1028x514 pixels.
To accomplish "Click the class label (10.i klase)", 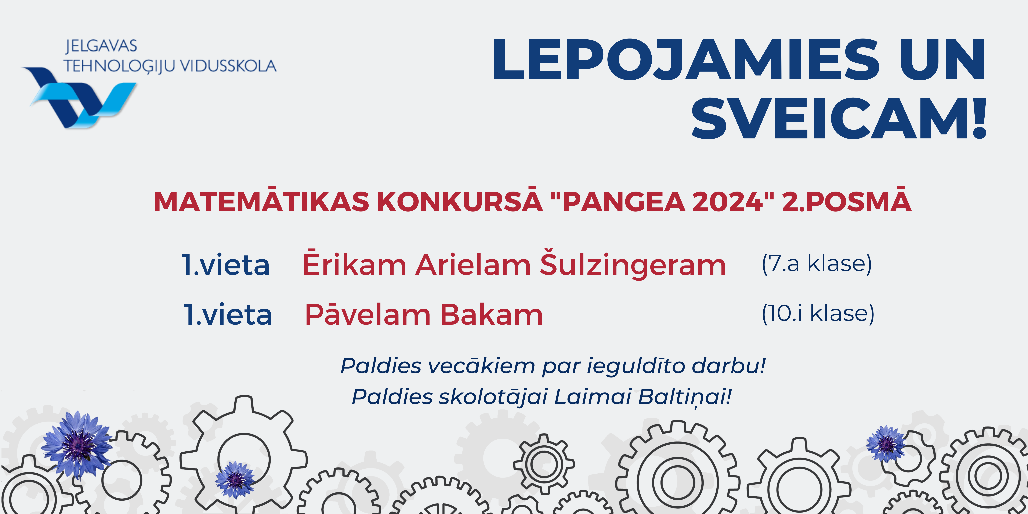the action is (818, 313).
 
